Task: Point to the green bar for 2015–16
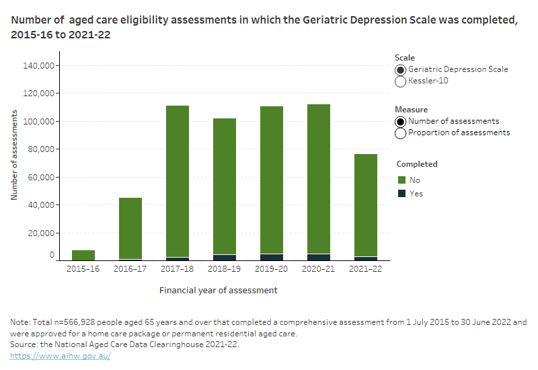pos(83,255)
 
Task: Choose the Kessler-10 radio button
pos(401,81)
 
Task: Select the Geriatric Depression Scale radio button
pos(401,70)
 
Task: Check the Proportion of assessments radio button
pos(401,133)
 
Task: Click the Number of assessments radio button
pos(401,122)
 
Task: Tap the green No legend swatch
pos(401,180)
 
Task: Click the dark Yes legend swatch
pos(401,193)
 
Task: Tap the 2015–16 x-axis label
pos(83,269)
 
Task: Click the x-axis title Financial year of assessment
pos(219,291)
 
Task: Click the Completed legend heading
pos(417,164)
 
